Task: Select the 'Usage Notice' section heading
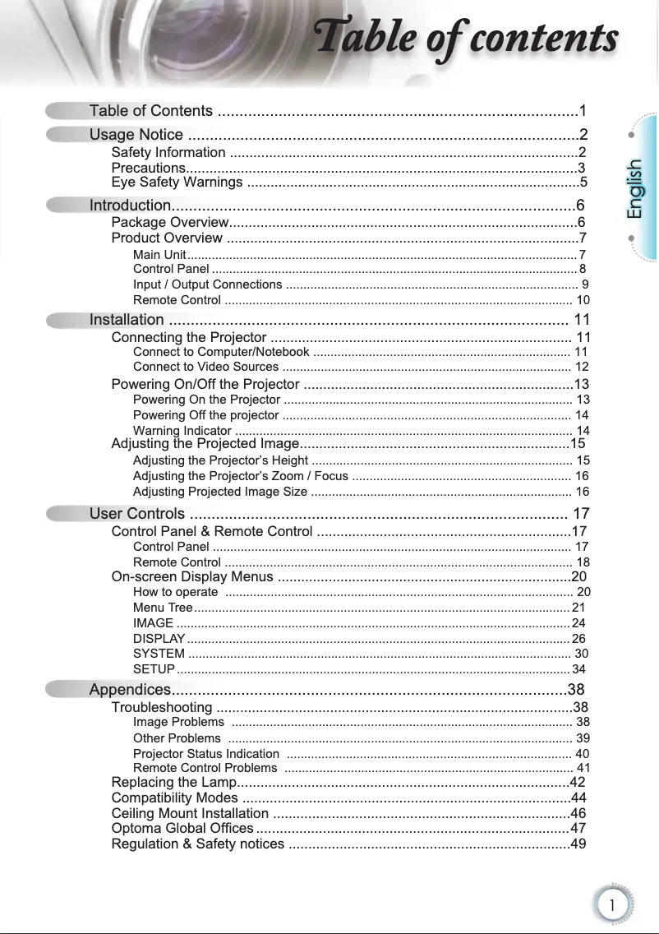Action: (x=136, y=135)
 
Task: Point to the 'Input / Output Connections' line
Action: (x=208, y=284)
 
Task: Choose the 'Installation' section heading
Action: (x=127, y=320)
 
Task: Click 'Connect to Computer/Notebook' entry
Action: (x=221, y=353)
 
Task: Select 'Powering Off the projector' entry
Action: (x=205, y=415)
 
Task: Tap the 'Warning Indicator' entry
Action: (x=182, y=431)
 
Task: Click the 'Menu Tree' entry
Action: (x=163, y=608)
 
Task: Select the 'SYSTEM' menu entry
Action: (x=159, y=654)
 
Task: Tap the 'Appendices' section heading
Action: (x=130, y=689)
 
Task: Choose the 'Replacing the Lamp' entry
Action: (x=173, y=782)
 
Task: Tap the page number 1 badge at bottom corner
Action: (x=612, y=904)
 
